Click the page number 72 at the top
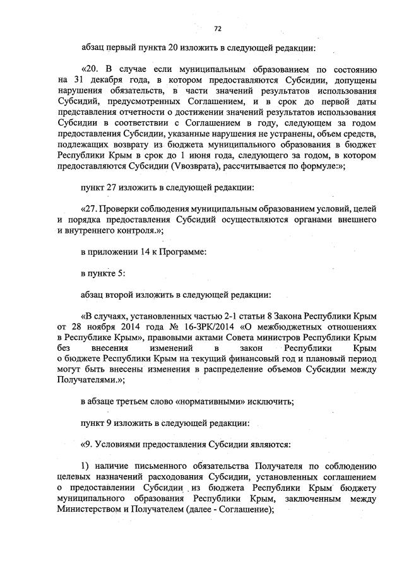[x=218, y=28]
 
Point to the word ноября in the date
[x=101, y=327]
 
